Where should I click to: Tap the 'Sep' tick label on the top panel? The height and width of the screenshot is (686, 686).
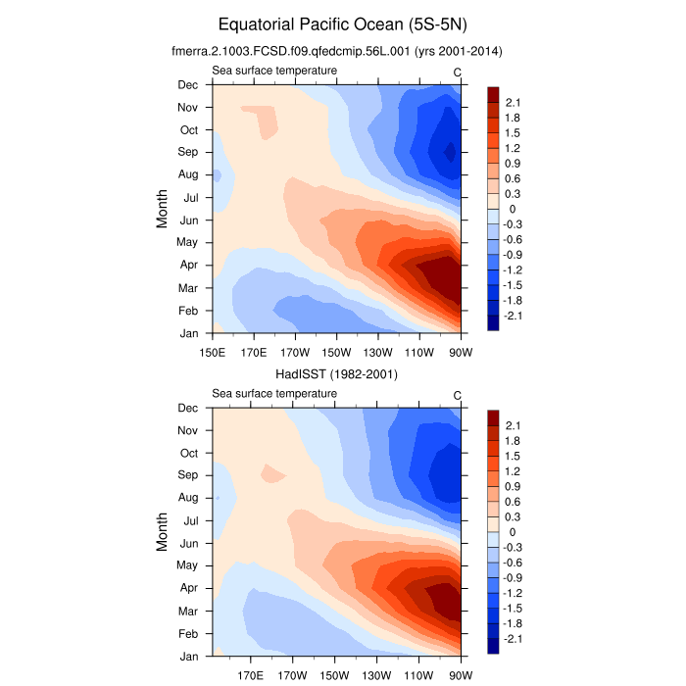(188, 152)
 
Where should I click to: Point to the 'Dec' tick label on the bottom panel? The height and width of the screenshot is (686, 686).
(188, 408)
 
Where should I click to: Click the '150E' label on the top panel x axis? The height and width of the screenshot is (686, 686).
(213, 353)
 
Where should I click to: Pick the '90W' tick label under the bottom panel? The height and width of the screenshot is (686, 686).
(461, 675)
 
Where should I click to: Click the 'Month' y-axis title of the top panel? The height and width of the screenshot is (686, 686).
(164, 209)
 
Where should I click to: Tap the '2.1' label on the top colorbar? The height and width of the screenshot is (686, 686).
(513, 102)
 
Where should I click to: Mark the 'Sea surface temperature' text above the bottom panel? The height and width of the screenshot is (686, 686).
(274, 393)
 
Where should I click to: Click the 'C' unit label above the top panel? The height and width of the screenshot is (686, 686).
(457, 72)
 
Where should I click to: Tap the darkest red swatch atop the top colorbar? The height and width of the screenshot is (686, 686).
(493, 94)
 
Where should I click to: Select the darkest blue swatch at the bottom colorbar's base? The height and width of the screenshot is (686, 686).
(493, 646)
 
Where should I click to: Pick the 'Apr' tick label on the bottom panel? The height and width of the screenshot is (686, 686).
(188, 588)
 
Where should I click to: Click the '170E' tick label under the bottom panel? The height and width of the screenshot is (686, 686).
(254, 675)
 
